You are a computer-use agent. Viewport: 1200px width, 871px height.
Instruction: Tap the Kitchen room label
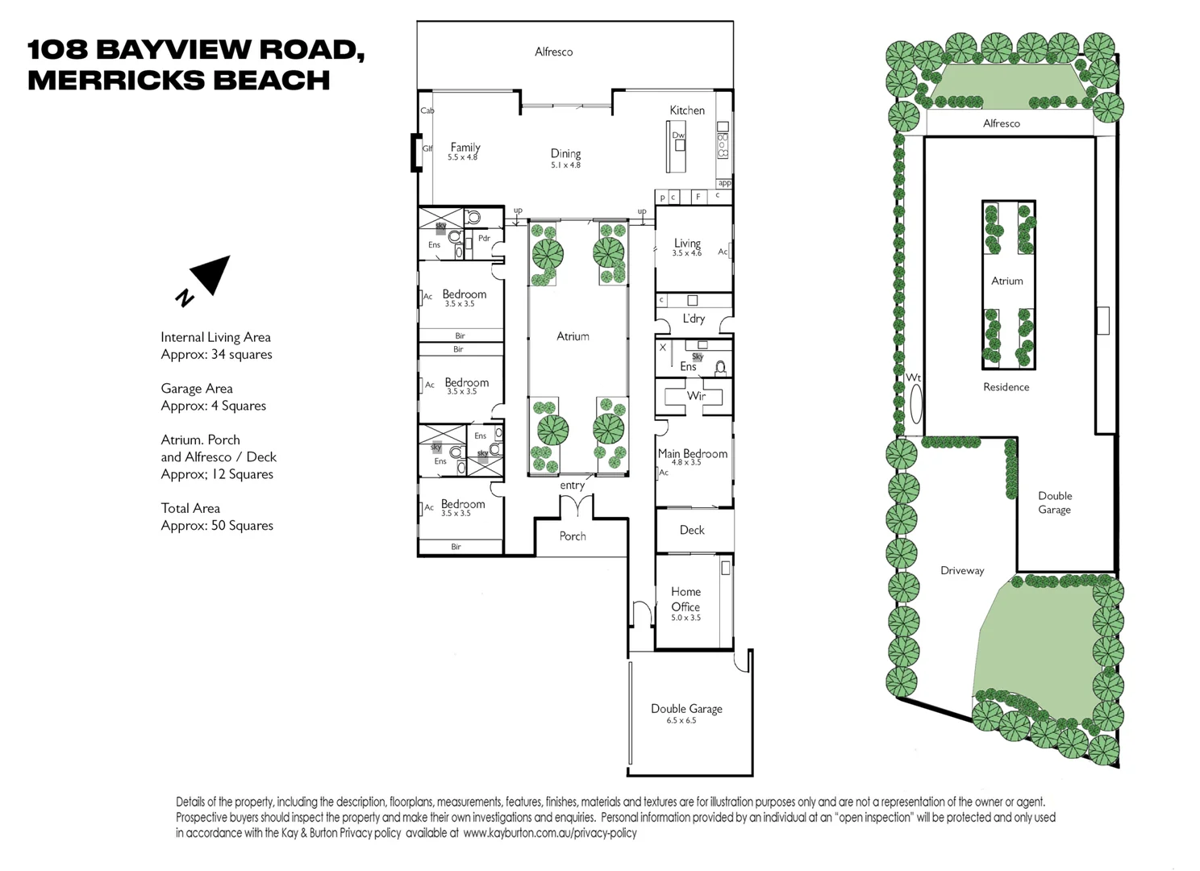tap(687, 110)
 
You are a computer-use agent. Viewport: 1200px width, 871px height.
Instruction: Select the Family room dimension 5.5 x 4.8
tap(463, 157)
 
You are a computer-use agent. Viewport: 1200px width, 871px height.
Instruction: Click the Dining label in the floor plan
tap(565, 153)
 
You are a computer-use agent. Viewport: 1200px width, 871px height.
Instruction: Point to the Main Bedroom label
tap(693, 454)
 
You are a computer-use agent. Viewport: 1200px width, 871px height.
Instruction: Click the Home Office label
tap(685, 599)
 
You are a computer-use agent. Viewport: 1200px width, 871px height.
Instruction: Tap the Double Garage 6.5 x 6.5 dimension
tap(681, 720)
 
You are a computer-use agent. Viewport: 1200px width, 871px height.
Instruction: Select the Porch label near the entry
tap(573, 536)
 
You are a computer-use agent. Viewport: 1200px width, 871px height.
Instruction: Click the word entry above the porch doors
tap(573, 486)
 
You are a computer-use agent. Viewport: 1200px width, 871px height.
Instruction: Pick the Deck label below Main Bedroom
tap(692, 530)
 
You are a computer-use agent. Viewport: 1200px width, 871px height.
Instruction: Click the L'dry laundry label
tap(694, 319)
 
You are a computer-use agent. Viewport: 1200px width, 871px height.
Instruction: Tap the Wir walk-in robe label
tap(696, 396)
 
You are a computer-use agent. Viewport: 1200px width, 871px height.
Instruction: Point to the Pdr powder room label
tap(484, 238)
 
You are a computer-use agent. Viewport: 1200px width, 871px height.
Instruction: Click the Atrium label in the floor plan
tap(573, 336)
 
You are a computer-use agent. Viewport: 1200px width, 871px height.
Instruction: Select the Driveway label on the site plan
tap(962, 570)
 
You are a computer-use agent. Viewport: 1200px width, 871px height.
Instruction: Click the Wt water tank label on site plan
tap(913, 377)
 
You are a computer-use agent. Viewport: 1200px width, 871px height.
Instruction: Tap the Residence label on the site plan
tap(1006, 387)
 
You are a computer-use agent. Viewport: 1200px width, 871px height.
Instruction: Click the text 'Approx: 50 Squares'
tap(217, 526)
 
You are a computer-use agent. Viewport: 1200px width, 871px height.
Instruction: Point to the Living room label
tap(687, 243)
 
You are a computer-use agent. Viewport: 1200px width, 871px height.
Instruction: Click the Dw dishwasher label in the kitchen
tap(678, 135)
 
